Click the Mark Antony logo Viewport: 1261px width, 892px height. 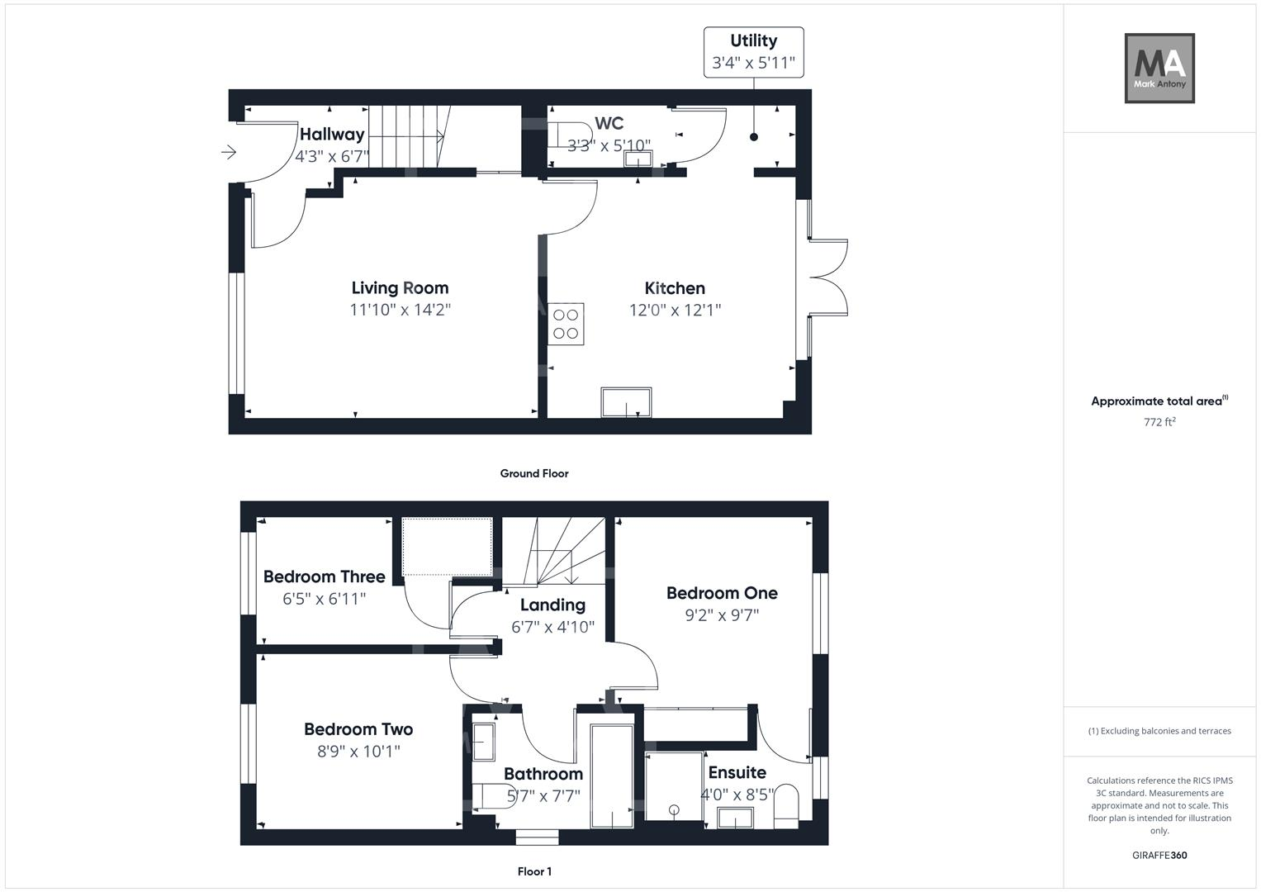(x=1159, y=68)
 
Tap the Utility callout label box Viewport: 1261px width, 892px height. (x=753, y=52)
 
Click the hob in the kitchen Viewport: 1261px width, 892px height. (x=566, y=324)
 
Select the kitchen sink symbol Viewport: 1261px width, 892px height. (x=626, y=402)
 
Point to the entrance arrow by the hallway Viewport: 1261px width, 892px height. (x=229, y=152)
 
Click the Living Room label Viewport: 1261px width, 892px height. (x=400, y=287)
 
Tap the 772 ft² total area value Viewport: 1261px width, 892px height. (x=1159, y=422)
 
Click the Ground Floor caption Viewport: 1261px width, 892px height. (x=533, y=473)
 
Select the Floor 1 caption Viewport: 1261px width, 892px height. (x=534, y=871)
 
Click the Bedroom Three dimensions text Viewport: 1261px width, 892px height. (x=324, y=599)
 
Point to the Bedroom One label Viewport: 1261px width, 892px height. (x=722, y=593)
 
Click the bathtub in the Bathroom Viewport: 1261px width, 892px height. (x=612, y=776)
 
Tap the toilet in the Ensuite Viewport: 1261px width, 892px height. (x=787, y=805)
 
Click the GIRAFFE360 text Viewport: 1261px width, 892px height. (x=1159, y=855)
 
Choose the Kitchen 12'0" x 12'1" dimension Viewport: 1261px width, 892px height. (x=675, y=310)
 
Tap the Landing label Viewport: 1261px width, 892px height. (x=552, y=605)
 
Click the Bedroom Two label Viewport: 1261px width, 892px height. (x=358, y=729)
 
